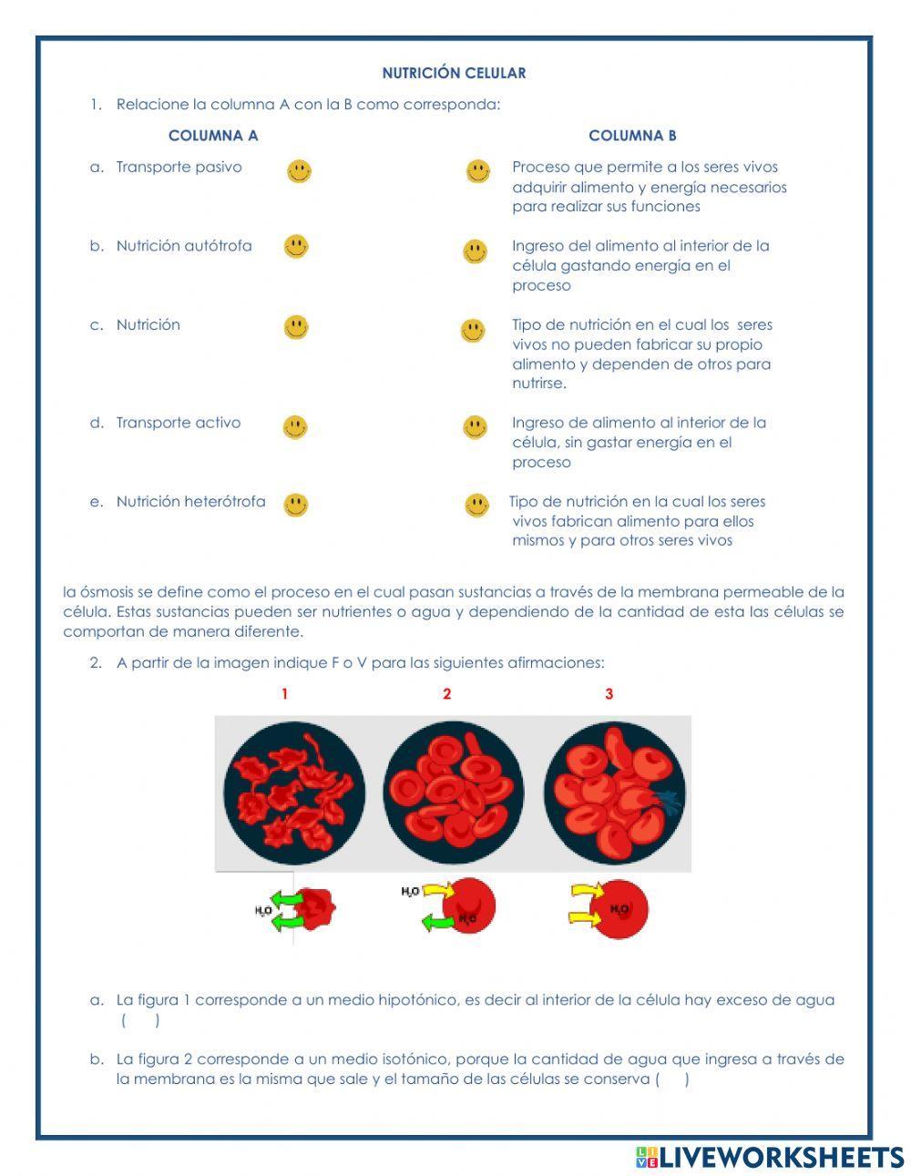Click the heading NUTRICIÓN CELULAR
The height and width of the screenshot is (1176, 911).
454,73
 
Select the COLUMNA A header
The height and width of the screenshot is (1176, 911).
213,136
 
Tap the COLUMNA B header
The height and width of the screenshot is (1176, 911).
632,136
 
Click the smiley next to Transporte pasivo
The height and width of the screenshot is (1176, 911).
299,170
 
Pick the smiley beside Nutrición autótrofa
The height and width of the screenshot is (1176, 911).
296,246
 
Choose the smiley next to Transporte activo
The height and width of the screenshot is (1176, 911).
295,426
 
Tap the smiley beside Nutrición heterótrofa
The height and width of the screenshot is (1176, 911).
296,505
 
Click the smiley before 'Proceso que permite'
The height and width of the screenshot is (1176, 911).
478,170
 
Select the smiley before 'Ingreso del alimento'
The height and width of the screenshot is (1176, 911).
475,251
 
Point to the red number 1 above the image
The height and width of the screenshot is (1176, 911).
284,694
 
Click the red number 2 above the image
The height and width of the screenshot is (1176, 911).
446,694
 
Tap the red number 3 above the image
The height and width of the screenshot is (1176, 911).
609,694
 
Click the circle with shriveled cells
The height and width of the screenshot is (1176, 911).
293,793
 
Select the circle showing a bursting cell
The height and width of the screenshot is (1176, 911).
614,793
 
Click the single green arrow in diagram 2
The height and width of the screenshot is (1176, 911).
437,922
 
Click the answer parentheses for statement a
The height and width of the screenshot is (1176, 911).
140,1020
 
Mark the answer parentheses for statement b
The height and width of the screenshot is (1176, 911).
672,1079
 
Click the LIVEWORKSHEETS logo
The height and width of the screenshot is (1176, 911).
770,1157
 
